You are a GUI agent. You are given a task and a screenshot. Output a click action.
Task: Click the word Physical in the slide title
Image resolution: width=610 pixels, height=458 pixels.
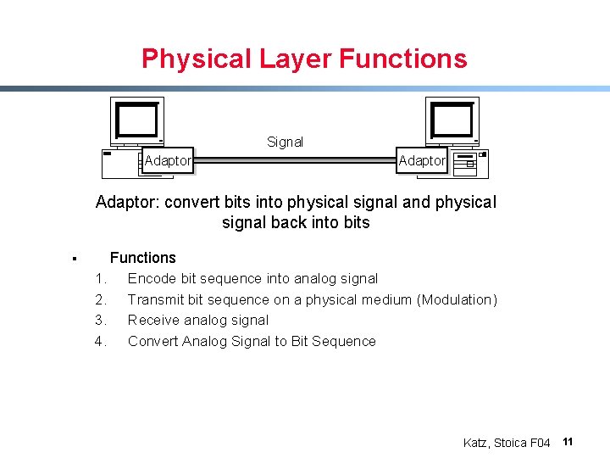point(194,59)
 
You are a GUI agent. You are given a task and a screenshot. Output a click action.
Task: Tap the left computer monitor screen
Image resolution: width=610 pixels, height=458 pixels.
point(137,120)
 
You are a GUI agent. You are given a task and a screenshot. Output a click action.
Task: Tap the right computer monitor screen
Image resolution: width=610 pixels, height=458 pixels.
point(452,120)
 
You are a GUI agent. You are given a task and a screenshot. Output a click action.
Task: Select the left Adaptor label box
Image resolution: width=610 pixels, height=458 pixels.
point(168,160)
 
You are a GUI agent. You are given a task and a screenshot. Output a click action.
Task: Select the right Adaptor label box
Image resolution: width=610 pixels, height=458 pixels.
point(422,160)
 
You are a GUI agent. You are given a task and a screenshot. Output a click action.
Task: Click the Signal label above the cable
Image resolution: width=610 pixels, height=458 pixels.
point(285,142)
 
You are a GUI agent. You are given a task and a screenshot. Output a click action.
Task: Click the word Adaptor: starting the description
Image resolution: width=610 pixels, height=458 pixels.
point(128,203)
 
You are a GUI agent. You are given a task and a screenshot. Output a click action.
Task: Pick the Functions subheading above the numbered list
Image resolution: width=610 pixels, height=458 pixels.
point(143,258)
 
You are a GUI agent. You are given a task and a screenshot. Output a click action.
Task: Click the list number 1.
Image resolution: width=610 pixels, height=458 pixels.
point(100,279)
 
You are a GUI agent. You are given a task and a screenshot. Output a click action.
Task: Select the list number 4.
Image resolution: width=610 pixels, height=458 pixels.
point(100,342)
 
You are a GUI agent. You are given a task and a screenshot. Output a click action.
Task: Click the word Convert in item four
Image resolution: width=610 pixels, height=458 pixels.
point(152,342)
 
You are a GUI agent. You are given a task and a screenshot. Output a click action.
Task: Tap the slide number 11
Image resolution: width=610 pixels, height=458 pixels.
point(568,442)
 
